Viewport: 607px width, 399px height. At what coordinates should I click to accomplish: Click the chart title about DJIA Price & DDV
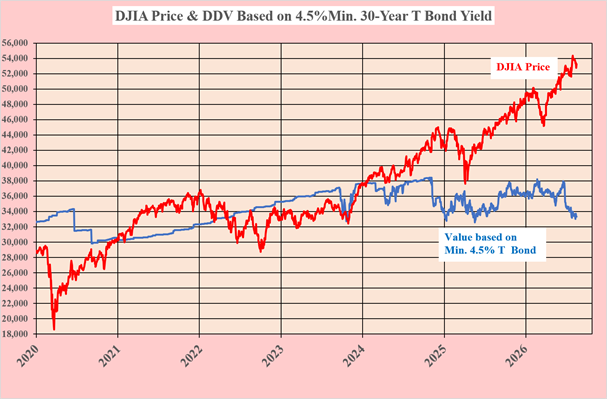click(x=303, y=16)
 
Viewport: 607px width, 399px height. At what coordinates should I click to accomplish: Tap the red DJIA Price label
click(x=523, y=67)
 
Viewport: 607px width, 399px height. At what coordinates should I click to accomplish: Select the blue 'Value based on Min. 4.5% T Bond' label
click(x=490, y=243)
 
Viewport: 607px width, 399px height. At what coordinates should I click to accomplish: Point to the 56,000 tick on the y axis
click(x=15, y=43)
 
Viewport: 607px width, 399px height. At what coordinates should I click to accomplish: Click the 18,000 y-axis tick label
click(x=15, y=334)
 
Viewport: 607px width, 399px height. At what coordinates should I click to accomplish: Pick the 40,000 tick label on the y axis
click(x=15, y=165)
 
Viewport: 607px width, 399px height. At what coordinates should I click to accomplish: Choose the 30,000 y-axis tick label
click(x=15, y=242)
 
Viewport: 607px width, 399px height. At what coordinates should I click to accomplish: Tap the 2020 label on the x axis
click(x=28, y=355)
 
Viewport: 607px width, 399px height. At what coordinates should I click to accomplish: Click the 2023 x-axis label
click(x=273, y=355)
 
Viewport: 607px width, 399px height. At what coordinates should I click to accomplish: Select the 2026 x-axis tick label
click(x=518, y=355)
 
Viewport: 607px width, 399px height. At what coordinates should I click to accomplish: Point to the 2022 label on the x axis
click(x=191, y=355)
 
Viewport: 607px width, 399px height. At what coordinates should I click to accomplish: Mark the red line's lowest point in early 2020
click(x=54, y=329)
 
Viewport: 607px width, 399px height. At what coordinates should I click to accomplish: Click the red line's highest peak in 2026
click(x=573, y=56)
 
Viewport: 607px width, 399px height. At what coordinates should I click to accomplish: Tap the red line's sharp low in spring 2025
click(x=465, y=182)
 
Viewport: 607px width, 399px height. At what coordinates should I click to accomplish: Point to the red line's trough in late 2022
click(x=261, y=251)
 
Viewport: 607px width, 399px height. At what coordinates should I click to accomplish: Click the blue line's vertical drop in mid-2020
click(x=74, y=220)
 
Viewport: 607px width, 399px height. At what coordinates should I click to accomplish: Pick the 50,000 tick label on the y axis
click(x=15, y=89)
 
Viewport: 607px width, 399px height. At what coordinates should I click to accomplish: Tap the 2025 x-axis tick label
click(x=436, y=355)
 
